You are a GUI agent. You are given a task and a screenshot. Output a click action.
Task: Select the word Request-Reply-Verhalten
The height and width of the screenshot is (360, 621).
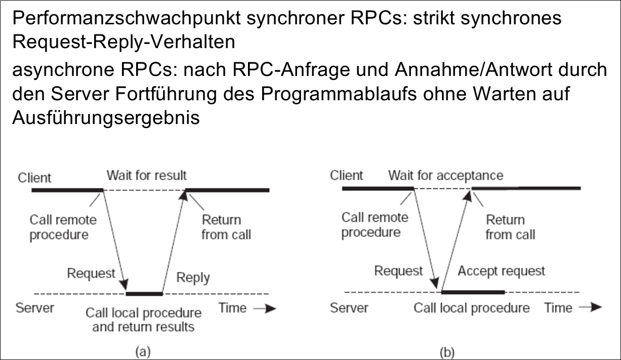pos(123,42)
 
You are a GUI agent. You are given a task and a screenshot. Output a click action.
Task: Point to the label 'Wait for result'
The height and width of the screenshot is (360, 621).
pos(146,175)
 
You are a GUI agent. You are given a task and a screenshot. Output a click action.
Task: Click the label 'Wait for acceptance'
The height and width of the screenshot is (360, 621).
pos(445,175)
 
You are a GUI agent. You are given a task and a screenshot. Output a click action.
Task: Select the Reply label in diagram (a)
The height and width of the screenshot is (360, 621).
pos(193,277)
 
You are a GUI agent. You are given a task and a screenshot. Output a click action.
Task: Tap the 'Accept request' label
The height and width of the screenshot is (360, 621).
pos(501,271)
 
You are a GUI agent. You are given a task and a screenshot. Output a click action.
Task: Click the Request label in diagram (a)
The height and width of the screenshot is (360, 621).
pos(91,273)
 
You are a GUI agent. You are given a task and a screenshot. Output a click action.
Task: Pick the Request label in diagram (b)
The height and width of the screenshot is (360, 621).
pos(398,271)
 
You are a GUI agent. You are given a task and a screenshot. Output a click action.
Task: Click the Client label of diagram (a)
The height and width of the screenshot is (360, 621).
pos(34,178)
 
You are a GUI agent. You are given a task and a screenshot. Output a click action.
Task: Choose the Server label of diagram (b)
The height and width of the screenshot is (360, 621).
pos(349,308)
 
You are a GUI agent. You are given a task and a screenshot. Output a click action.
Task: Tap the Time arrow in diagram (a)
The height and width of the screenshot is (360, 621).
pos(265,308)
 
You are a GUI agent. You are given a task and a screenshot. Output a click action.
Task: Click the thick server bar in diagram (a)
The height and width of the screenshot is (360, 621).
pos(144,293)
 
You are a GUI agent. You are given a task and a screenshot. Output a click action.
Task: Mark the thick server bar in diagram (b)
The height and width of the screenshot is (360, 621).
pos(473,292)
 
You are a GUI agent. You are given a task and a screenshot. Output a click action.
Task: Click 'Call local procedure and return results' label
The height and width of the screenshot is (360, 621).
pos(143,319)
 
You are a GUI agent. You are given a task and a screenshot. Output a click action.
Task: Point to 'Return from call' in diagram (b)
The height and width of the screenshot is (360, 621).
pos(510,227)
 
